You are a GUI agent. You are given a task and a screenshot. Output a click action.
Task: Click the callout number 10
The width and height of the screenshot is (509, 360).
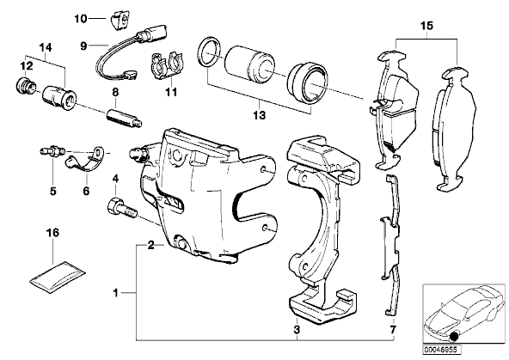pyautogui.click(x=81, y=19)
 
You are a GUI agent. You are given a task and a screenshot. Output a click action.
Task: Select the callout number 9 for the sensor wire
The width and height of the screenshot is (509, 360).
pyautogui.click(x=83, y=46)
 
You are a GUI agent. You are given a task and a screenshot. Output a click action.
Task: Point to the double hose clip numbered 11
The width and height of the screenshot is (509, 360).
pyautogui.click(x=168, y=65)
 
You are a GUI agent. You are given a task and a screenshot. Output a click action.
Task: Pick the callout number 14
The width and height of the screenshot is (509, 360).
pyautogui.click(x=46, y=47)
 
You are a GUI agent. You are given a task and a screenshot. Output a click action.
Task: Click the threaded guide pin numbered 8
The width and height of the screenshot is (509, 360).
pyautogui.click(x=125, y=118)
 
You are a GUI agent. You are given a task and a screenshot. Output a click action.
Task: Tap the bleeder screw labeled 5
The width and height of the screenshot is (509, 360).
pyautogui.click(x=52, y=151)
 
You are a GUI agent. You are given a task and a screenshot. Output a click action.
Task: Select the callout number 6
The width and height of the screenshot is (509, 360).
pyautogui.click(x=86, y=191)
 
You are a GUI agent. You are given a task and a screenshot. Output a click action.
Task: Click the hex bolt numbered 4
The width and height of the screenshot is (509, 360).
pyautogui.click(x=122, y=209)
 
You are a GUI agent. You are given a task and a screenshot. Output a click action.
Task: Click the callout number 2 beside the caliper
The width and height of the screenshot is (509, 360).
pyautogui.click(x=151, y=246)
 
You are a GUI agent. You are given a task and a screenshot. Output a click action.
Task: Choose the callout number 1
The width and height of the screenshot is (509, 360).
pyautogui.click(x=115, y=293)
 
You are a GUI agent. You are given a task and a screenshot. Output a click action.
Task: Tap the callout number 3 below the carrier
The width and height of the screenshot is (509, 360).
pyautogui.click(x=297, y=330)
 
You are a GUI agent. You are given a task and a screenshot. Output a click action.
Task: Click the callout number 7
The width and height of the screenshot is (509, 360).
pyautogui.click(x=393, y=330)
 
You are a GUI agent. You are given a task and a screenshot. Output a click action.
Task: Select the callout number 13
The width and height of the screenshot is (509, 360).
pyautogui.click(x=260, y=115)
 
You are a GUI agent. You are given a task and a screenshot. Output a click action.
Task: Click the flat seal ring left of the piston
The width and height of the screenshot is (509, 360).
pyautogui.click(x=210, y=53)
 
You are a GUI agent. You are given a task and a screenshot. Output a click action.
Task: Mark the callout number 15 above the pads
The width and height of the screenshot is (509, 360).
pyautogui.click(x=426, y=25)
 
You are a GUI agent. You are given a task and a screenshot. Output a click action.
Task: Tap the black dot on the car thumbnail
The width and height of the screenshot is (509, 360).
pyautogui.click(x=455, y=337)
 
